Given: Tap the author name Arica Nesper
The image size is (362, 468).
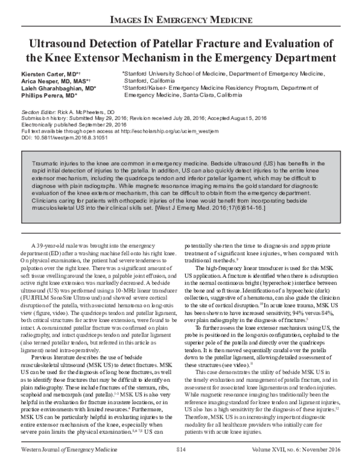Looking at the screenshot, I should point(42,80).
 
